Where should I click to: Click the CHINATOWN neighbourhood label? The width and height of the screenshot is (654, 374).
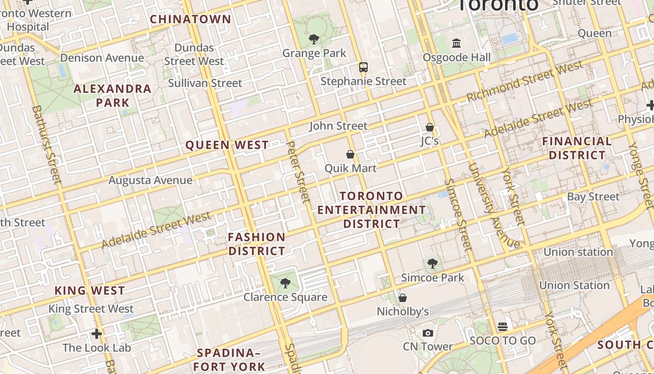[x=191, y=19]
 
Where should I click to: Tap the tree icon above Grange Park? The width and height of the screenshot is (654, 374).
[x=314, y=39]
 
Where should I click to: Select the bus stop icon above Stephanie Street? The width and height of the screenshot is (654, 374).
[x=363, y=67]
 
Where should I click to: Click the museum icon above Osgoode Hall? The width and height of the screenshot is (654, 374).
[x=456, y=43]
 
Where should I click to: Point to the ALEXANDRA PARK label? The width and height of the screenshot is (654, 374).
[x=113, y=95]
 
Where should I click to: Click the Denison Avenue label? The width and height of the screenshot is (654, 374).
[x=102, y=58]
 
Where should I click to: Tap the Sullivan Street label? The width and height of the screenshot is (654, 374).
[x=205, y=83]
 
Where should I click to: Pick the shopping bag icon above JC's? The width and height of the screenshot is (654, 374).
[x=429, y=127]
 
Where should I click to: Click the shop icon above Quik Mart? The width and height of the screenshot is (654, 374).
[x=350, y=154]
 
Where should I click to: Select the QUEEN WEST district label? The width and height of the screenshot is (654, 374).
[x=227, y=145]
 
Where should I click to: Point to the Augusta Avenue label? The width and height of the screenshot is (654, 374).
[x=150, y=180]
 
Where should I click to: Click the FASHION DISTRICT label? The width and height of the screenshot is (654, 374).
[x=256, y=244]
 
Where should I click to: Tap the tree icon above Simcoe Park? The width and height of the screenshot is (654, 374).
[x=433, y=264]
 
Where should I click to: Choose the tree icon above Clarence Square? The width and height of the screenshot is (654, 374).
[x=285, y=283]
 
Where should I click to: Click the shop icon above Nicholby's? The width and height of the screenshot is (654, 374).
[x=403, y=298]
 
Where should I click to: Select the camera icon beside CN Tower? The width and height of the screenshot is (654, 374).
[x=427, y=333]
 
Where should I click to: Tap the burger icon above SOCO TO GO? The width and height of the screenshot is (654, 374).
[x=503, y=327]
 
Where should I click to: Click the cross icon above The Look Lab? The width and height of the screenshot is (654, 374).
[x=97, y=334]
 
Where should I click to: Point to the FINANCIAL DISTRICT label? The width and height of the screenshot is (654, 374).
[x=577, y=148]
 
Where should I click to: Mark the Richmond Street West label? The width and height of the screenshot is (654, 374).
[x=525, y=83]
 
